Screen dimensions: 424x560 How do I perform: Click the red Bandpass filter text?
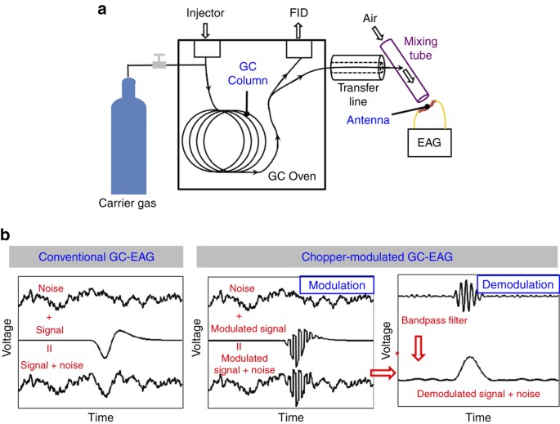pyautogui.click(x=432, y=321)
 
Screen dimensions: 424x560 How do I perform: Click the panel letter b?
pyautogui.click(x=7, y=234)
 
